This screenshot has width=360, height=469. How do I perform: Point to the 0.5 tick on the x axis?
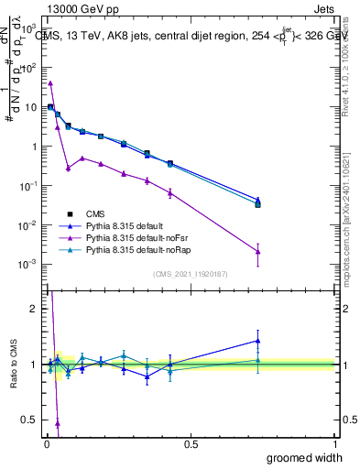(x=190, y=444)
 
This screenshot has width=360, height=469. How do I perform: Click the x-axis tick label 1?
(x=334, y=444)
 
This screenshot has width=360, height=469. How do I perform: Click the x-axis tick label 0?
(x=45, y=444)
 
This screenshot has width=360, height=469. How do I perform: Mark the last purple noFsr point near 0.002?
(x=258, y=252)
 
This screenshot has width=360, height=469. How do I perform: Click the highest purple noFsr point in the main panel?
(x=50, y=82)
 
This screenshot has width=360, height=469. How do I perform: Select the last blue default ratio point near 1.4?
(x=258, y=341)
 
